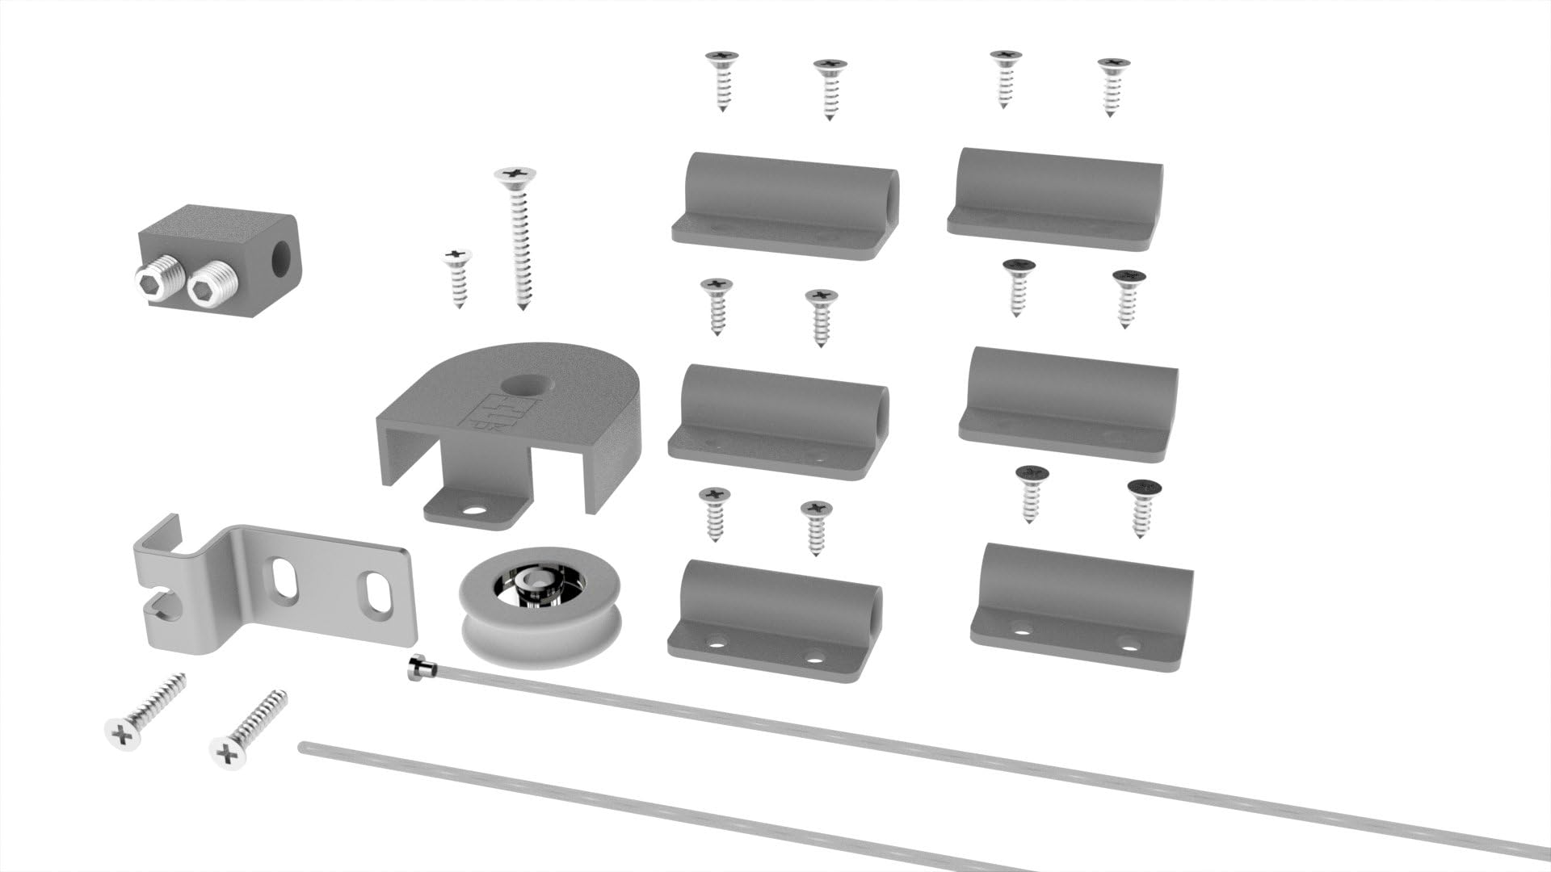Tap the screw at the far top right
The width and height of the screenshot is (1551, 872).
(1113, 86)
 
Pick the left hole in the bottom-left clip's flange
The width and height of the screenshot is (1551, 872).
(714, 644)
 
